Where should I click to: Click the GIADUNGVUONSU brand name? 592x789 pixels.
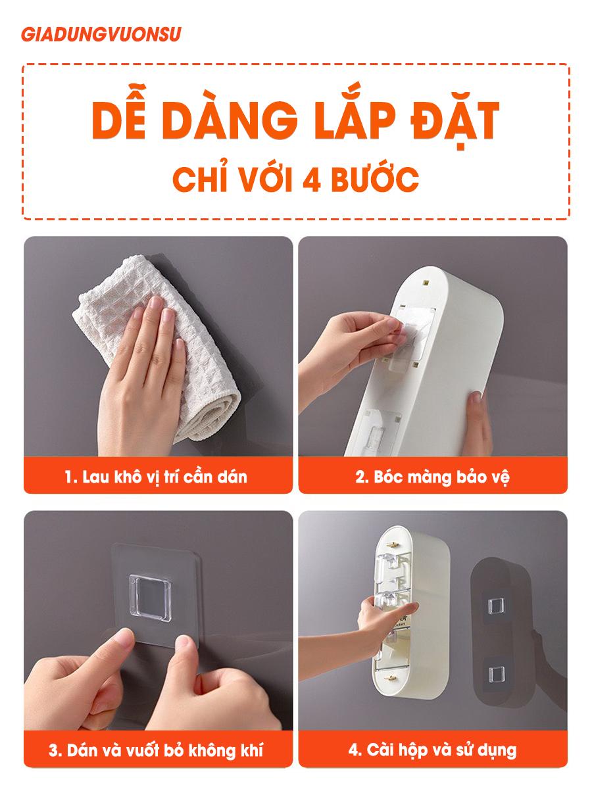101,34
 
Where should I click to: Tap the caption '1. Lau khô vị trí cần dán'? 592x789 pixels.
157,476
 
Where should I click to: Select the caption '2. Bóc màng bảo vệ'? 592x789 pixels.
432,476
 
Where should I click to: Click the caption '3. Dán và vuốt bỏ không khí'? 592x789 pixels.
157,750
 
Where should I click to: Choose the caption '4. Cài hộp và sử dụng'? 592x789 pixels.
432,750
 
